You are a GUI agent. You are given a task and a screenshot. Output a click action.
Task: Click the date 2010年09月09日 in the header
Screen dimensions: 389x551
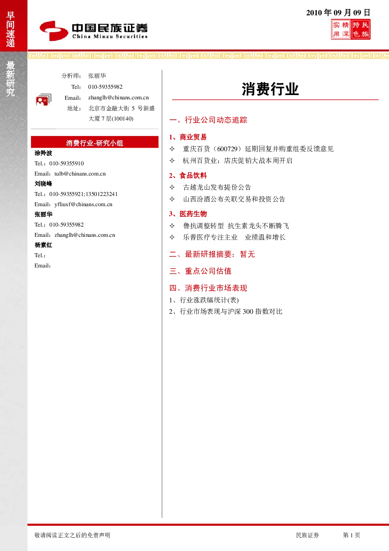pos(338,13)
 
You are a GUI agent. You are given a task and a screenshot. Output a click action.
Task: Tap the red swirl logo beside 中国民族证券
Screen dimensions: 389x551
pos(54,31)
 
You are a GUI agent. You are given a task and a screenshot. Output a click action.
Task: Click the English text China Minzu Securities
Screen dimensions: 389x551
pos(110,37)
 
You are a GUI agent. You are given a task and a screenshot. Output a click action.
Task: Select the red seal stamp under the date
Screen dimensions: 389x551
pos(351,29)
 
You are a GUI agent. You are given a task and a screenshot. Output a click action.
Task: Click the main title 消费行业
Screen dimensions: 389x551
pos(270,89)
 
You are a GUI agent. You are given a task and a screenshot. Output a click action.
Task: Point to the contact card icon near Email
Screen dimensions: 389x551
pos(44,100)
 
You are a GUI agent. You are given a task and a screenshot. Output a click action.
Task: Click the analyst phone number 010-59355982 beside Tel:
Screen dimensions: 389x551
pos(105,87)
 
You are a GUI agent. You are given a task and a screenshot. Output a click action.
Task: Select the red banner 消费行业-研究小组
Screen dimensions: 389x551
pos(95,142)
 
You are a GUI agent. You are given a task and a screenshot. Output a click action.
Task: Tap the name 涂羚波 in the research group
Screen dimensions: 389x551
pos(43,153)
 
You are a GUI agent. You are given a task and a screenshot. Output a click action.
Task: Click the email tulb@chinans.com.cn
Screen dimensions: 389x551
pos(80,174)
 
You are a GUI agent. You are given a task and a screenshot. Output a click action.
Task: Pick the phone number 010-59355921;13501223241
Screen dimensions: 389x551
pos(84,194)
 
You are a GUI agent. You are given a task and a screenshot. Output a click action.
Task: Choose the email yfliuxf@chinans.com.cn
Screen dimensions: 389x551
pos(83,204)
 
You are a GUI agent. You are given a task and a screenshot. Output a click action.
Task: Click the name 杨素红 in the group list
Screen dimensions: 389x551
pos(43,245)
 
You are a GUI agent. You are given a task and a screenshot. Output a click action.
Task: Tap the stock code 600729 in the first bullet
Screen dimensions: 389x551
pos(227,149)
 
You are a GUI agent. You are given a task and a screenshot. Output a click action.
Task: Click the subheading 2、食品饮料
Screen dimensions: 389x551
pos(188,176)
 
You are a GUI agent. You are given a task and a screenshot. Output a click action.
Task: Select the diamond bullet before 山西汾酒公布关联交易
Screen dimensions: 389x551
pos(172,199)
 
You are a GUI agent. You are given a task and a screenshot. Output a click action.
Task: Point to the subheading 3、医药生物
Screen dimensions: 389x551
pos(188,214)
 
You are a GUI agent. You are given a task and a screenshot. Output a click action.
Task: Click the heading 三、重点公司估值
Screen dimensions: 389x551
pos(200,271)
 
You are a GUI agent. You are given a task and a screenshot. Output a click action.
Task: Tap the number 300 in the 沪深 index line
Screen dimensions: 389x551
pos(248,312)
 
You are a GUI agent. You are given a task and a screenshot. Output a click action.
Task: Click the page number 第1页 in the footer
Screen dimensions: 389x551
pos(351,535)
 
